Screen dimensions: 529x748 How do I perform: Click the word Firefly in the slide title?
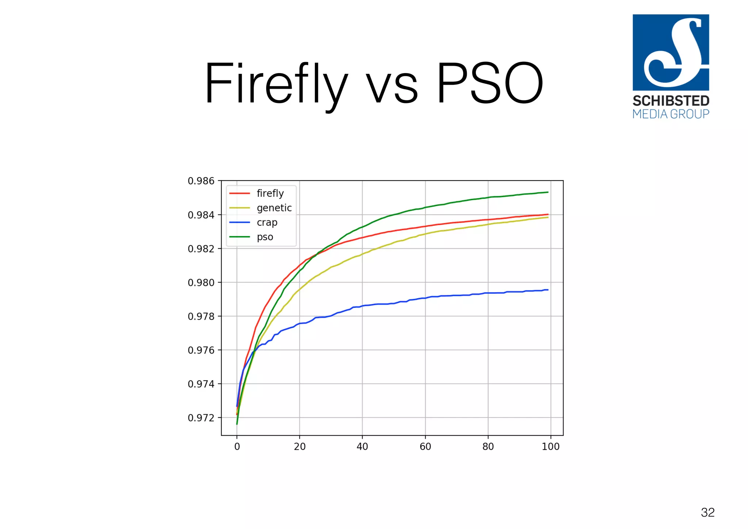click(276, 84)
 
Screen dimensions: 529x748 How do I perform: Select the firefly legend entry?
click(270, 193)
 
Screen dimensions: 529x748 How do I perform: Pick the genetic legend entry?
click(274, 208)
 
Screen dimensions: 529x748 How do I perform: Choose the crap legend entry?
click(267, 222)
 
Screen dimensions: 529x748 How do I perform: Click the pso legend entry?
click(265, 237)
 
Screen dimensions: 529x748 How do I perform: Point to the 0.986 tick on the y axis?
click(201, 181)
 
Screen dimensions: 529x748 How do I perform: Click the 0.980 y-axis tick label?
click(201, 283)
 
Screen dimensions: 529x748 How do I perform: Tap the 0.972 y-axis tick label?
click(201, 418)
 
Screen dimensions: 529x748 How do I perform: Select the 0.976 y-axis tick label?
click(201, 350)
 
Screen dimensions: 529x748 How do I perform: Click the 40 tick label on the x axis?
click(362, 446)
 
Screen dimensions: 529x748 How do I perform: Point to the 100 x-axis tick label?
click(550, 446)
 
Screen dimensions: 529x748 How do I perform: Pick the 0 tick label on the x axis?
click(237, 446)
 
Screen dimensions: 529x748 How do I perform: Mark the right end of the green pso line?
click(547, 192)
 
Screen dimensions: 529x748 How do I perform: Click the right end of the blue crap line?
click(547, 290)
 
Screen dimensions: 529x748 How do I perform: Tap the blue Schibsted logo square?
click(671, 52)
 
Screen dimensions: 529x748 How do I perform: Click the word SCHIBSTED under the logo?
click(671, 101)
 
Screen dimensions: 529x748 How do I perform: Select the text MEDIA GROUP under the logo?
click(671, 114)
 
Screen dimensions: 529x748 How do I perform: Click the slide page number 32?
click(707, 512)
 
